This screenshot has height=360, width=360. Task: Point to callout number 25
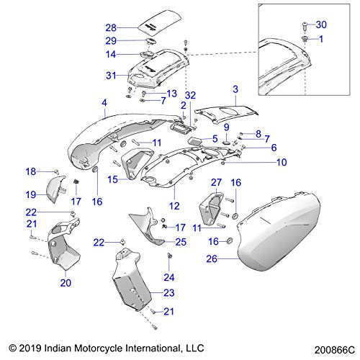coord(181,241)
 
